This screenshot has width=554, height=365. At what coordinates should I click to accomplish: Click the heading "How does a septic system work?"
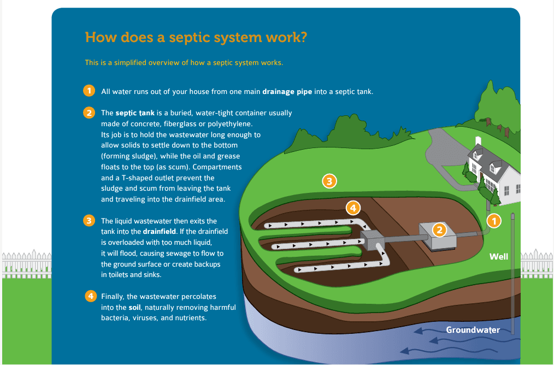pyautogui.click(x=196, y=38)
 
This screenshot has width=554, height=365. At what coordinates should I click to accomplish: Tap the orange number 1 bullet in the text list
pyautogui.click(x=89, y=91)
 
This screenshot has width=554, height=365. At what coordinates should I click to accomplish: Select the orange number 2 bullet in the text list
pyautogui.click(x=89, y=113)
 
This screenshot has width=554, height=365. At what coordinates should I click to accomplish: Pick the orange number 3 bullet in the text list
pyautogui.click(x=89, y=221)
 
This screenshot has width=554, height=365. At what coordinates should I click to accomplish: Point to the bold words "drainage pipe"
pyautogui.click(x=287, y=91)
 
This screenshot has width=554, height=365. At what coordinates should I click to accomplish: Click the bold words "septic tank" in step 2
pyautogui.click(x=135, y=113)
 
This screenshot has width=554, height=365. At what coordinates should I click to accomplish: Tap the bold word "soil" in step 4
pyautogui.click(x=135, y=307)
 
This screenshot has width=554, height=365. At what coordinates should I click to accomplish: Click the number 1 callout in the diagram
pyautogui.click(x=493, y=220)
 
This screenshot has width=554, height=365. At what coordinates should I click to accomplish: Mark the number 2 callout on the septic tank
pyautogui.click(x=439, y=230)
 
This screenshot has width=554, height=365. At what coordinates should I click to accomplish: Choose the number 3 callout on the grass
pyautogui.click(x=328, y=181)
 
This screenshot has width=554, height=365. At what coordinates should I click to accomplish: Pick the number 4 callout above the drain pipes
pyautogui.click(x=353, y=208)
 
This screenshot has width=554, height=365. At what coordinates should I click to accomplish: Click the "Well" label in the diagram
pyautogui.click(x=498, y=256)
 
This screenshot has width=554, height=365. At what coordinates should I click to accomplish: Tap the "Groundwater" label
pyautogui.click(x=473, y=329)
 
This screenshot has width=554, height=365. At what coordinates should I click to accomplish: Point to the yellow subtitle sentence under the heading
pyautogui.click(x=184, y=62)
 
